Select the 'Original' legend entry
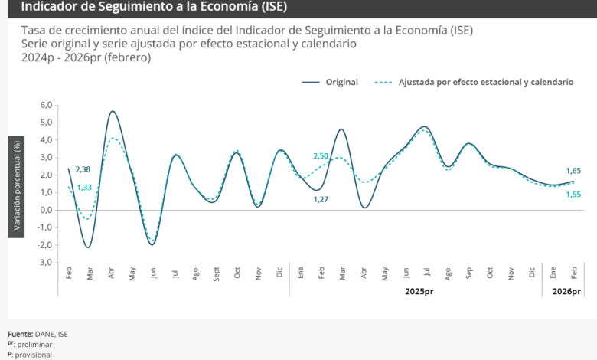point(341,82)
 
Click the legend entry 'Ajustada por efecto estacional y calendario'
point(485,82)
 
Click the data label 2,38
point(83,169)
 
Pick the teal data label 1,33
point(84,188)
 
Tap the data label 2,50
point(321,156)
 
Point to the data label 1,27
point(321,200)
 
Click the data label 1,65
point(573,170)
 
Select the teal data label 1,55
point(573,195)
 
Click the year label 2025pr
point(419,292)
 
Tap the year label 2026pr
point(566,292)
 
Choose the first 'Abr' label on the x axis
point(112,273)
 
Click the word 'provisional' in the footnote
point(34,355)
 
